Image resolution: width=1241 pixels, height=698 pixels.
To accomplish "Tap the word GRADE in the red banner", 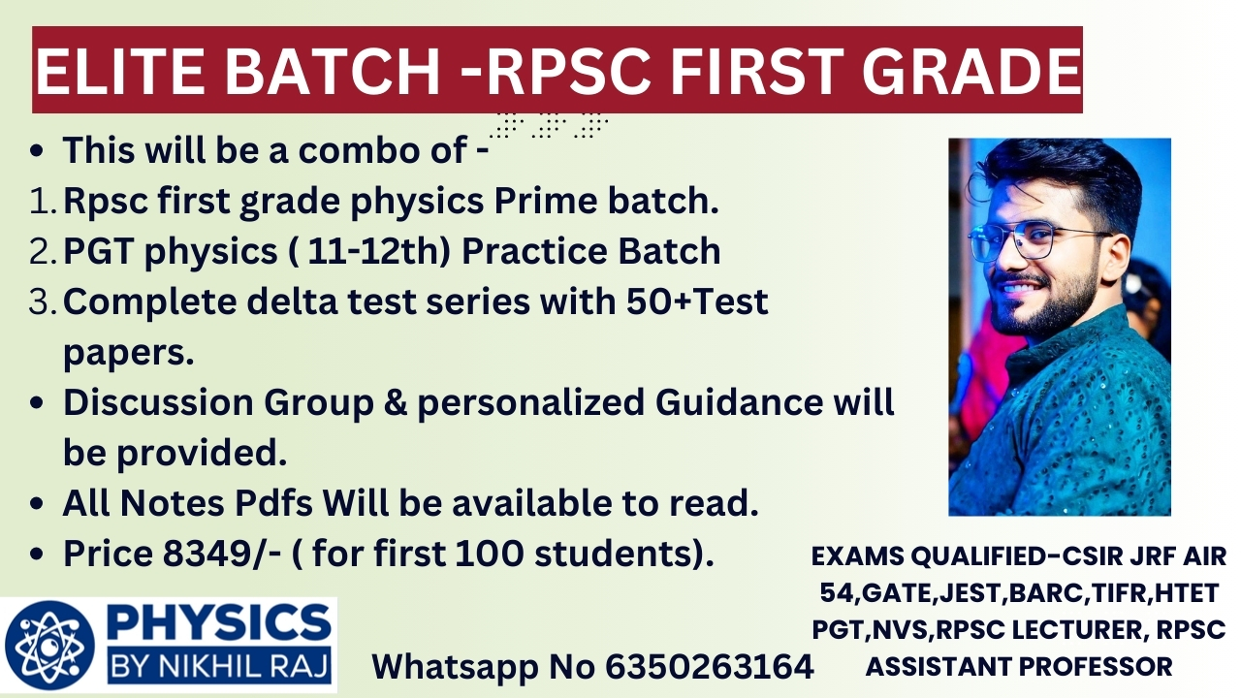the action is [x=971, y=71].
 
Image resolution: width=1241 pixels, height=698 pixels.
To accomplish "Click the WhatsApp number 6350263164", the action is [x=710, y=666].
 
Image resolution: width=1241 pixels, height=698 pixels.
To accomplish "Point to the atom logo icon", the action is [x=50, y=646].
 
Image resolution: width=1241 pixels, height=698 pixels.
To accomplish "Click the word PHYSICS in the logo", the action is [x=219, y=621].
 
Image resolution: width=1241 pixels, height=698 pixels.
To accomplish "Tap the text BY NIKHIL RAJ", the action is [x=219, y=665].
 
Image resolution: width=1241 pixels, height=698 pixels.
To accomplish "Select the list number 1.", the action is [x=40, y=201].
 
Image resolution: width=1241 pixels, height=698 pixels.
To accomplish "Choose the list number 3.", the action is [x=41, y=302].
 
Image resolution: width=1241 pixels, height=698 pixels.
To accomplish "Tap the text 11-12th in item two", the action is [x=366, y=251].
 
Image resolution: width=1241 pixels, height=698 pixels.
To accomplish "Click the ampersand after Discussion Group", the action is [x=396, y=402].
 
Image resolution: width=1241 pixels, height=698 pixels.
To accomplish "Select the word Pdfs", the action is [x=273, y=503].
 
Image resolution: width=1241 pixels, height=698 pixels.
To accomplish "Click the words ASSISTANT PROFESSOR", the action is [x=1019, y=666].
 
